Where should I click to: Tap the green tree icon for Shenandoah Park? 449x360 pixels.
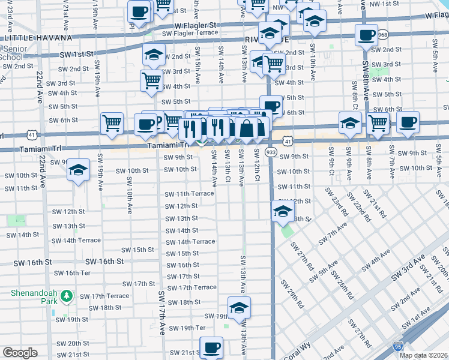point(68,296)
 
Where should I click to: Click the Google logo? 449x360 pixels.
point(20,353)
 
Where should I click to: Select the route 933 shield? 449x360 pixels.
point(271,154)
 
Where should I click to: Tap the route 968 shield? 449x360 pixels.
point(383,35)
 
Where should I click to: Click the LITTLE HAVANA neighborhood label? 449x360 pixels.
point(29,38)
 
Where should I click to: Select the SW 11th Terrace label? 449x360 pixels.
point(190,194)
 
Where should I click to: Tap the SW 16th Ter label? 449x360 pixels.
point(72,273)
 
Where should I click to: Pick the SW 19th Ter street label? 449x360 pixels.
point(187,328)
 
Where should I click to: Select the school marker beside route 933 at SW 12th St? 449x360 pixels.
point(282,211)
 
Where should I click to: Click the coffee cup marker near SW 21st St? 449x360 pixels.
point(211,347)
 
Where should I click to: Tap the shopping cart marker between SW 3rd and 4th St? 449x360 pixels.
point(152,80)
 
